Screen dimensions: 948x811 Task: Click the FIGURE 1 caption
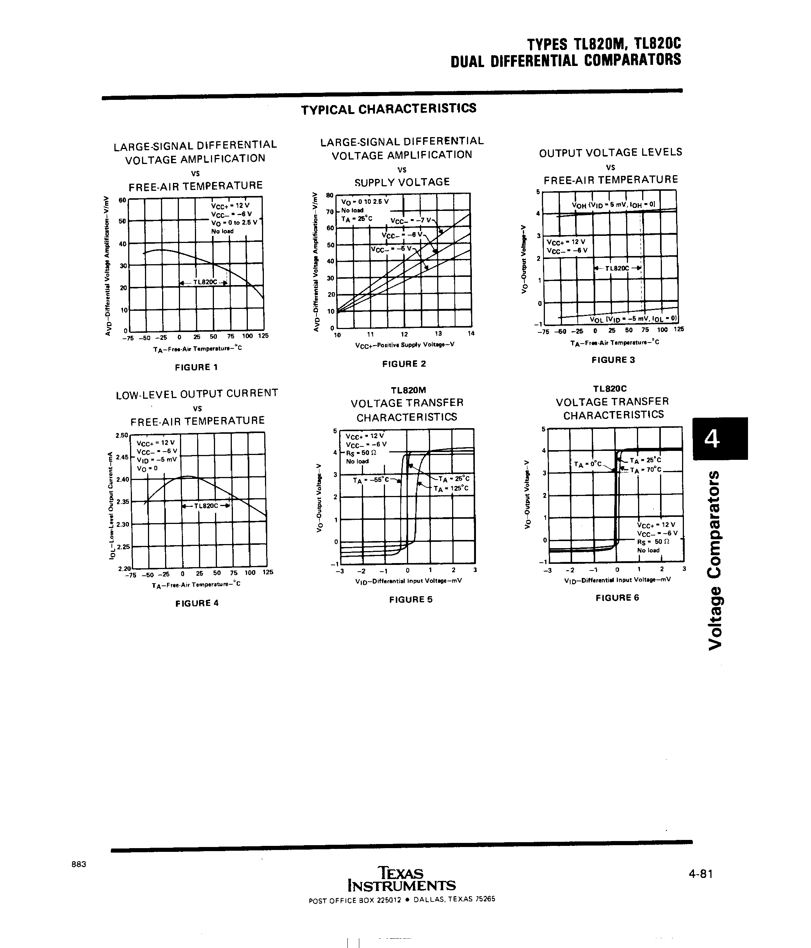[196, 367]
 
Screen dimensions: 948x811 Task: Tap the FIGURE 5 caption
[411, 599]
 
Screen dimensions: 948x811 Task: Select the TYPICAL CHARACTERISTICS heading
[389, 109]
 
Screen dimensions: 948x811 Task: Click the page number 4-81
[700, 874]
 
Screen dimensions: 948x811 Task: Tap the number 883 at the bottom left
[79, 864]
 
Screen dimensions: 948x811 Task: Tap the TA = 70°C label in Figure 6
[645, 470]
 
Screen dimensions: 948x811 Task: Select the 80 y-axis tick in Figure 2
[329, 195]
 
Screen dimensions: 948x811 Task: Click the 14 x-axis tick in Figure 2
[471, 334]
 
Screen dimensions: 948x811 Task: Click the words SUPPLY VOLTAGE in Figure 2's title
[402, 182]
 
